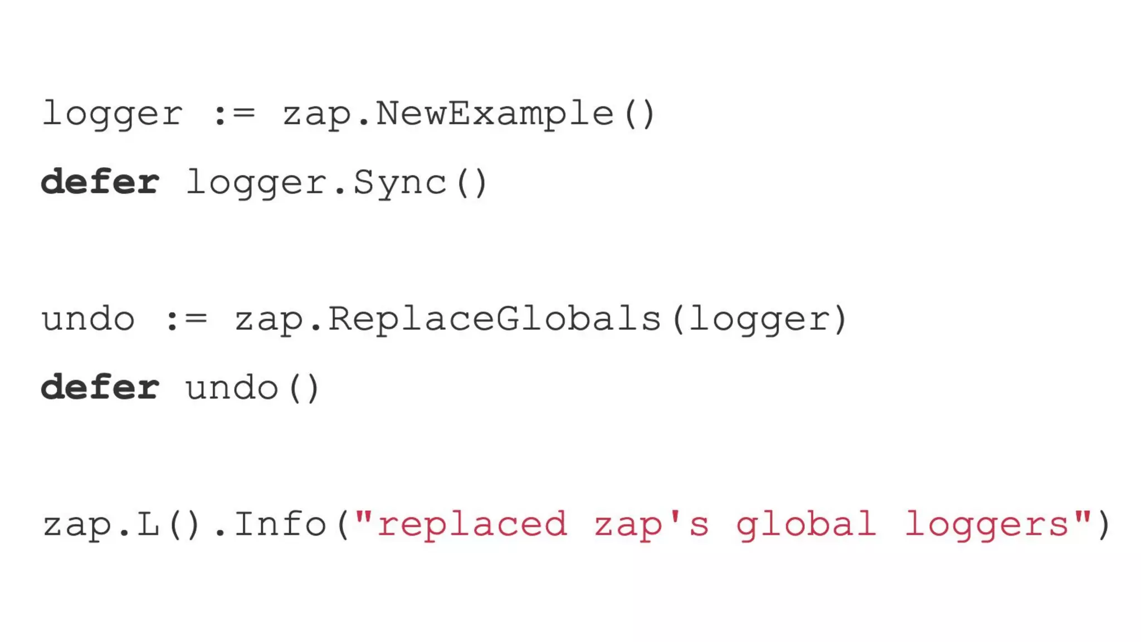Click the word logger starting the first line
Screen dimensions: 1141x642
tap(112, 115)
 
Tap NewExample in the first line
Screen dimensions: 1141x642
tap(495, 115)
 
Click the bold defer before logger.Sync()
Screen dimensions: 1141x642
tap(100, 183)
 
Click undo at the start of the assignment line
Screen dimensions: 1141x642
tap(88, 320)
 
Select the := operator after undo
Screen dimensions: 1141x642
tap(186, 320)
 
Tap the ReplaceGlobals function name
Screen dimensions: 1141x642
tap(495, 320)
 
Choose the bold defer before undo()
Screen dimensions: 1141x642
tap(100, 388)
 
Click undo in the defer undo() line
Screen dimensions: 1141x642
tap(232, 388)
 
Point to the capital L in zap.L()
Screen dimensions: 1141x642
tap(148, 525)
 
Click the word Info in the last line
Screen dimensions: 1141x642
tap(280, 525)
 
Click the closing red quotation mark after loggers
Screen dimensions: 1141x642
tap(1083, 517)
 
